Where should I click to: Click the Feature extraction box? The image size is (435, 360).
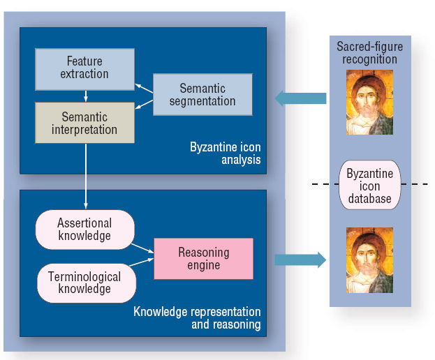coord(85,69)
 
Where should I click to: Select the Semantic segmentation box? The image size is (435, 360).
coord(202,94)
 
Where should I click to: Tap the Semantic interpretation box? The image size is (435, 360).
coord(85,123)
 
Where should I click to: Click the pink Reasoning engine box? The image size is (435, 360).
coord(204,259)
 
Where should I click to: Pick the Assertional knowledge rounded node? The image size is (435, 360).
coord(85,230)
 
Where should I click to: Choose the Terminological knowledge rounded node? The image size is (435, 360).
coord(87,283)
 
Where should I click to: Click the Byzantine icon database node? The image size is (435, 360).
coord(370,185)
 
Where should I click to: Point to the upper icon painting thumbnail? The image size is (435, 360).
coord(369,103)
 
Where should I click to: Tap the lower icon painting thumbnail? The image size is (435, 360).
coord(369,260)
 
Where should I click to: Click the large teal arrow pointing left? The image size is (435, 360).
coord(300,98)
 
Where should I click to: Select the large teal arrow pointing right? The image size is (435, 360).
coord(300,260)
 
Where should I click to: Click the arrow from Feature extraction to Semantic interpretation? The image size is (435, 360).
coord(86,96)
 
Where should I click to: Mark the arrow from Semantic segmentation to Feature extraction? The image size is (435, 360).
coord(144,88)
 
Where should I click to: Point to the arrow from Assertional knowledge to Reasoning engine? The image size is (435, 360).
coord(142,248)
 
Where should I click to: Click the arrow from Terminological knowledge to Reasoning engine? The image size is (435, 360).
coord(142,262)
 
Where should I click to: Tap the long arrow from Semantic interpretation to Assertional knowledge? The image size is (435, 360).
coord(86,177)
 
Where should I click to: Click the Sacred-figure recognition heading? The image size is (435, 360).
coord(369,52)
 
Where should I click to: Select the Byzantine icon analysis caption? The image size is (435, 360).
coord(226,153)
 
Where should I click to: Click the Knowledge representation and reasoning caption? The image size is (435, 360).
coord(197,318)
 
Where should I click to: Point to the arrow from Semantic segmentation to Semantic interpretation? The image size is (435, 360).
coord(144,105)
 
